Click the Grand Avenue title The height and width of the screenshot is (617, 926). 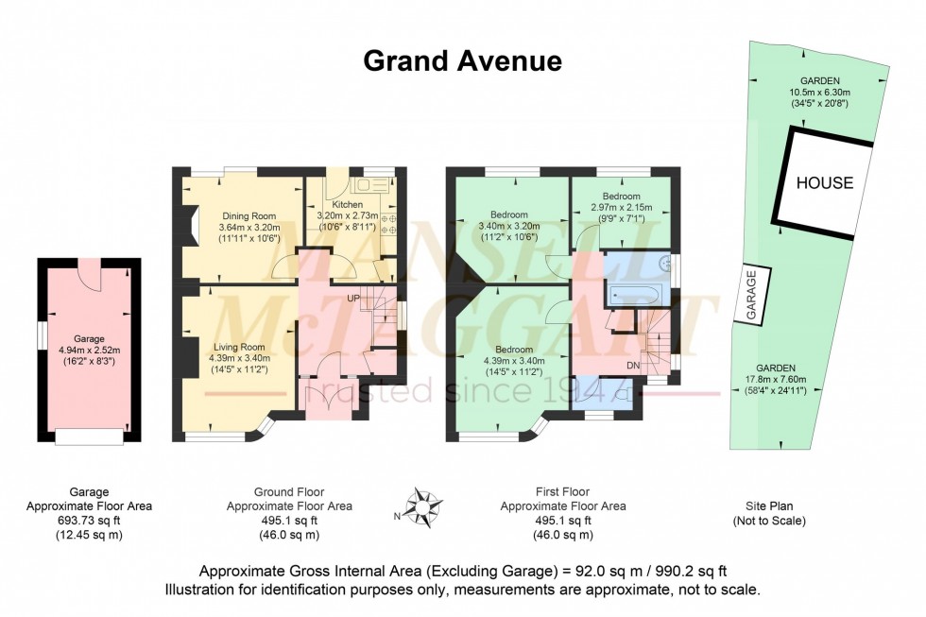point(463,61)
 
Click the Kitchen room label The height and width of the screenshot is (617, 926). point(346,204)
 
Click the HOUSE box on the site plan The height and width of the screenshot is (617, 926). point(823,183)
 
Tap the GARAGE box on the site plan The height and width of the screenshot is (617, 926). point(753,297)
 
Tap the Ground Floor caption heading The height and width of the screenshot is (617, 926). point(289,492)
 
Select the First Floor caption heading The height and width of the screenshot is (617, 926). point(549,492)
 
